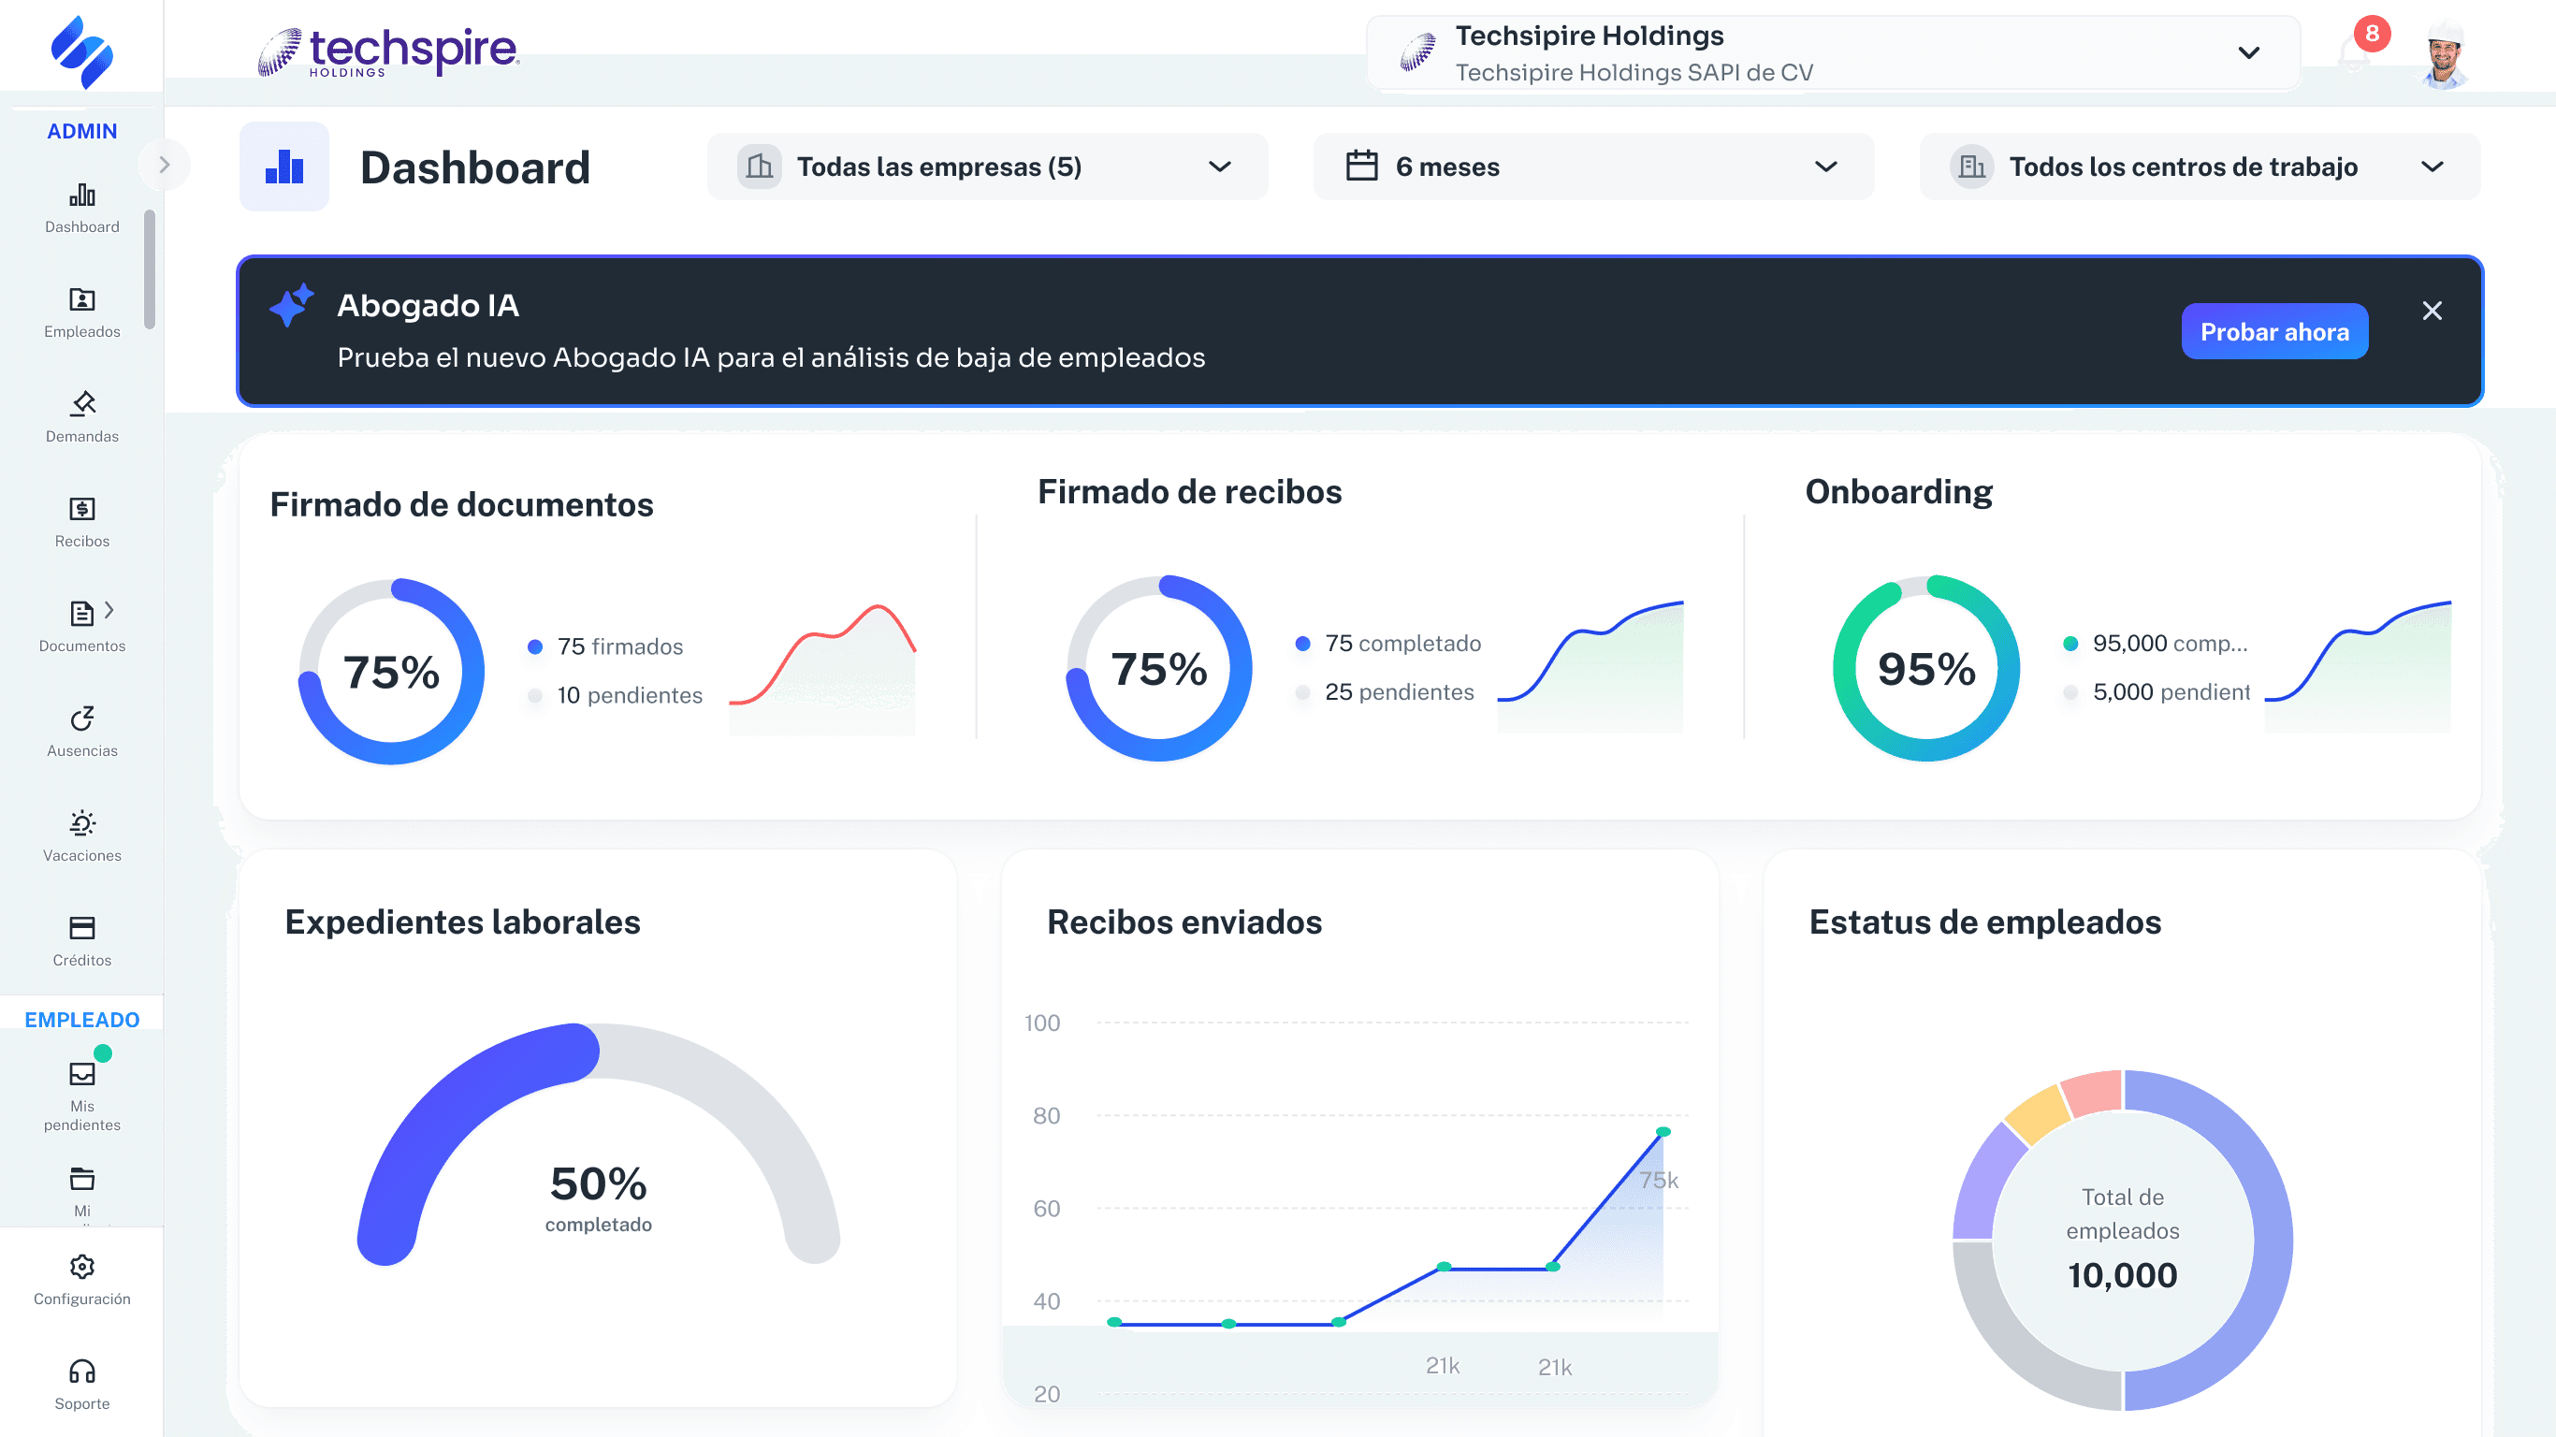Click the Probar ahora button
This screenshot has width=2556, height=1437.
coord(2273,331)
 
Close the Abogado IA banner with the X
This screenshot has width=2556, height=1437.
coord(2431,311)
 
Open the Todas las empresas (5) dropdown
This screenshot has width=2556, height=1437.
coord(986,167)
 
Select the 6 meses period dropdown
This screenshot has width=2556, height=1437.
coord(1591,167)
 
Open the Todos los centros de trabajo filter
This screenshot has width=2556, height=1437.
coord(2199,167)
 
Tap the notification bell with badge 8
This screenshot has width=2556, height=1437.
coord(2355,54)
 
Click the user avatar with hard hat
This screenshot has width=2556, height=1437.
coord(2445,55)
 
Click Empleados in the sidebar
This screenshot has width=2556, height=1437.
coord(82,312)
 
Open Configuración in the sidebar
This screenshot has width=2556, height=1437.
coord(82,1279)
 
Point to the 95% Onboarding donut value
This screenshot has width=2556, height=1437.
coord(1926,670)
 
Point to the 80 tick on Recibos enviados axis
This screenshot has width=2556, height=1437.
coord(1046,1115)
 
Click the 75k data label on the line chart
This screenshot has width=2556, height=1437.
coord(1658,1180)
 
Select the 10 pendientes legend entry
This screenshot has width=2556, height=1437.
coord(628,696)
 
